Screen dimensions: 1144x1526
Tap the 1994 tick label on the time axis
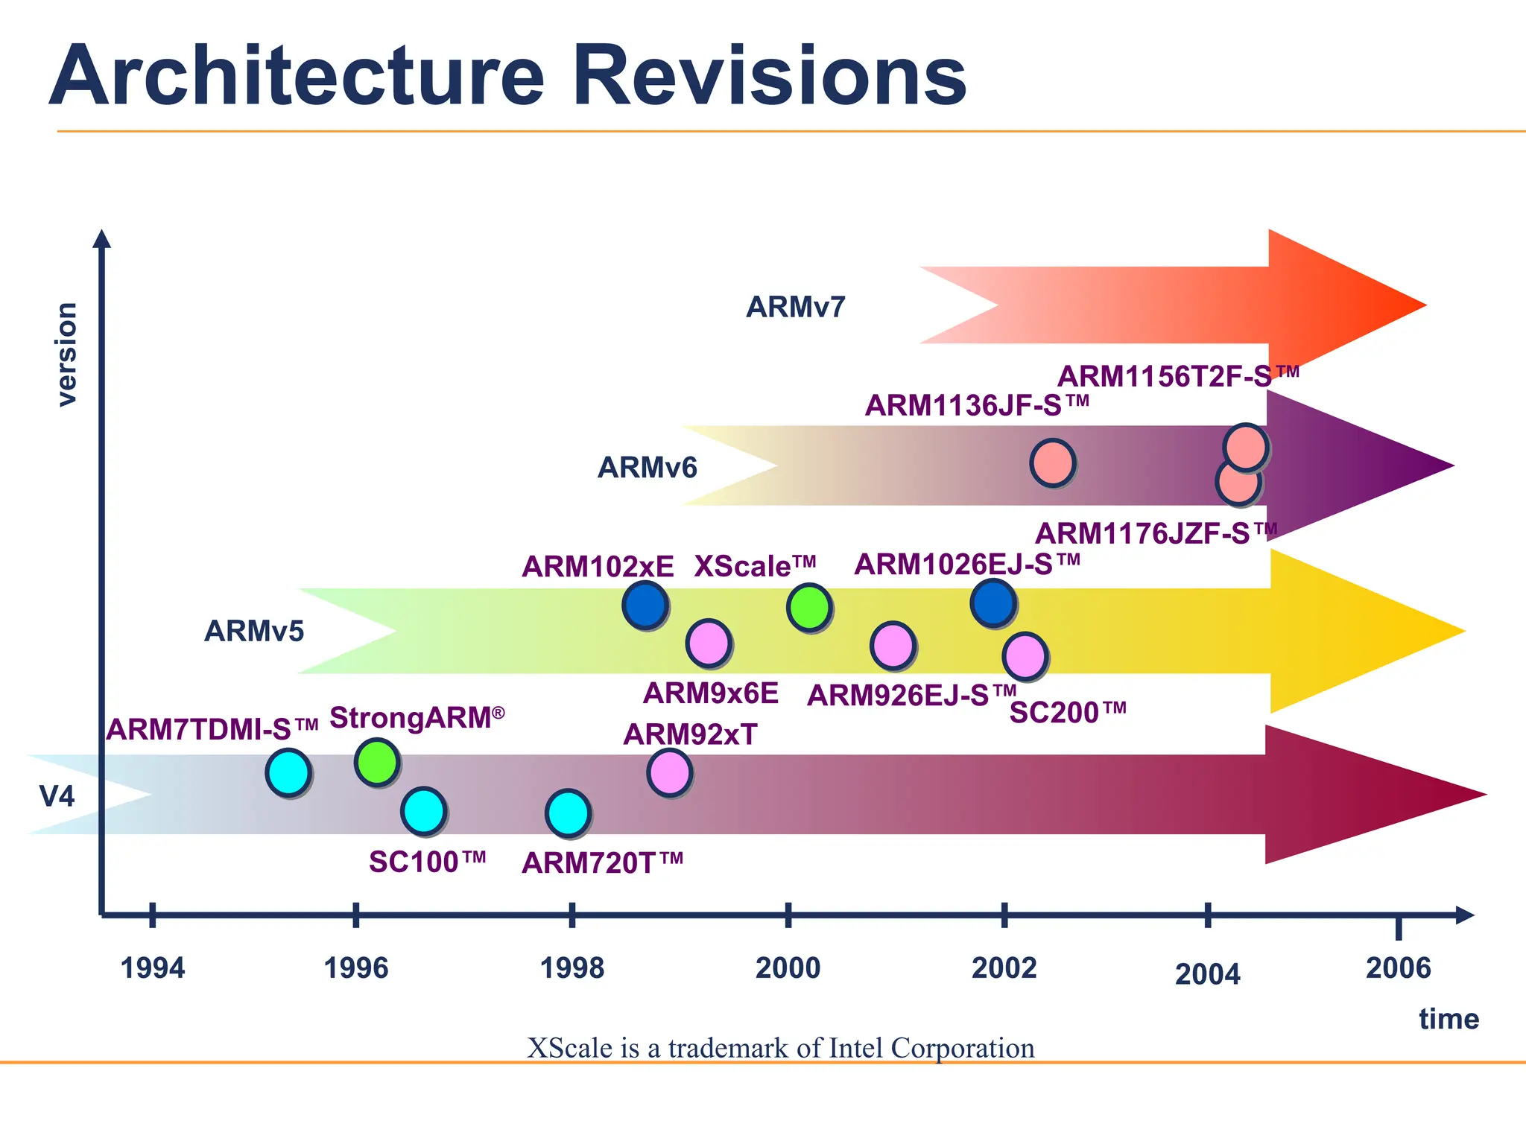153,968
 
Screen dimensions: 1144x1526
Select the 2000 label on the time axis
788,968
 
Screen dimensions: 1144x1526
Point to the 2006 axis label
1398,968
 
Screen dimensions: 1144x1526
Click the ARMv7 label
796,307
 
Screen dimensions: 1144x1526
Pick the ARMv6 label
647,468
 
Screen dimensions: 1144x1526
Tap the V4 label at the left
57,797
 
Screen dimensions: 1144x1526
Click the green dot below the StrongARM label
377,762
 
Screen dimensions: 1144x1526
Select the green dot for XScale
808,607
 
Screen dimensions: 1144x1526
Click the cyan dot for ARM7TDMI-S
288,772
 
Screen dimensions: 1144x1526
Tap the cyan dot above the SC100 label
423,810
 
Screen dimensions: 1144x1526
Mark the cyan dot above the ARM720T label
568,813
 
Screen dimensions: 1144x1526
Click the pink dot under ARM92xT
669,772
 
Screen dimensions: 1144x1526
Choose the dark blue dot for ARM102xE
645,605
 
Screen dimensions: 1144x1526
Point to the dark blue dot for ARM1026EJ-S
992,602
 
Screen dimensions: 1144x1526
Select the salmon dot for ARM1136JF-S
1052,463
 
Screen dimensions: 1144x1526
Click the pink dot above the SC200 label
1025,656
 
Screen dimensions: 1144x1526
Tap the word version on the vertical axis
67,355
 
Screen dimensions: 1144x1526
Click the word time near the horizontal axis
1449,1019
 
